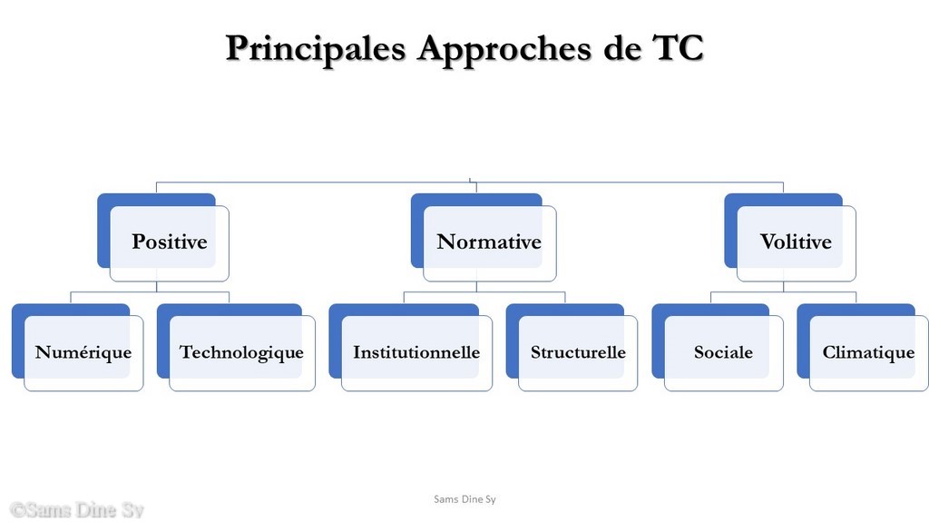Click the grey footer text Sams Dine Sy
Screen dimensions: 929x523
click(x=464, y=499)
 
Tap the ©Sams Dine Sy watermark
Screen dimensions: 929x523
click(x=77, y=510)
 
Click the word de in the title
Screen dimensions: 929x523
click(x=621, y=47)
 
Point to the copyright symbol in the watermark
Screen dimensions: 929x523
click(x=18, y=510)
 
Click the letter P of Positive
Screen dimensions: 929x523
click(x=138, y=242)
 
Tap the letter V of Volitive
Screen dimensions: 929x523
click(x=768, y=242)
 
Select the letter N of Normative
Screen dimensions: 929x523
click(x=445, y=242)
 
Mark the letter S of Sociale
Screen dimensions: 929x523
click(x=699, y=352)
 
